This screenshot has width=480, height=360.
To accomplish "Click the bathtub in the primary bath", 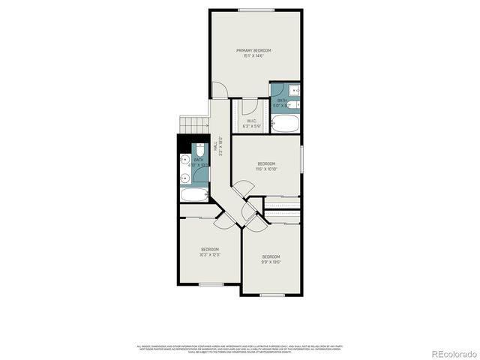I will (285, 123).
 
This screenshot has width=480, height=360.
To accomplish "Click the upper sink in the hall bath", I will (184, 159).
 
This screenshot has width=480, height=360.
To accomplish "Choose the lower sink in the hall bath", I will (184, 178).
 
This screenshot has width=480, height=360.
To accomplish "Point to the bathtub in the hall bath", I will (193, 196).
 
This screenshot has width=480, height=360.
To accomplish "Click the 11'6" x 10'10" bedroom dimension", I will (267, 169).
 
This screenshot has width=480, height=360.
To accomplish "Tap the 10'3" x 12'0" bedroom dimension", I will (209, 255).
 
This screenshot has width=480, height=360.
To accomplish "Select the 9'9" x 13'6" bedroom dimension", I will (271, 262).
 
